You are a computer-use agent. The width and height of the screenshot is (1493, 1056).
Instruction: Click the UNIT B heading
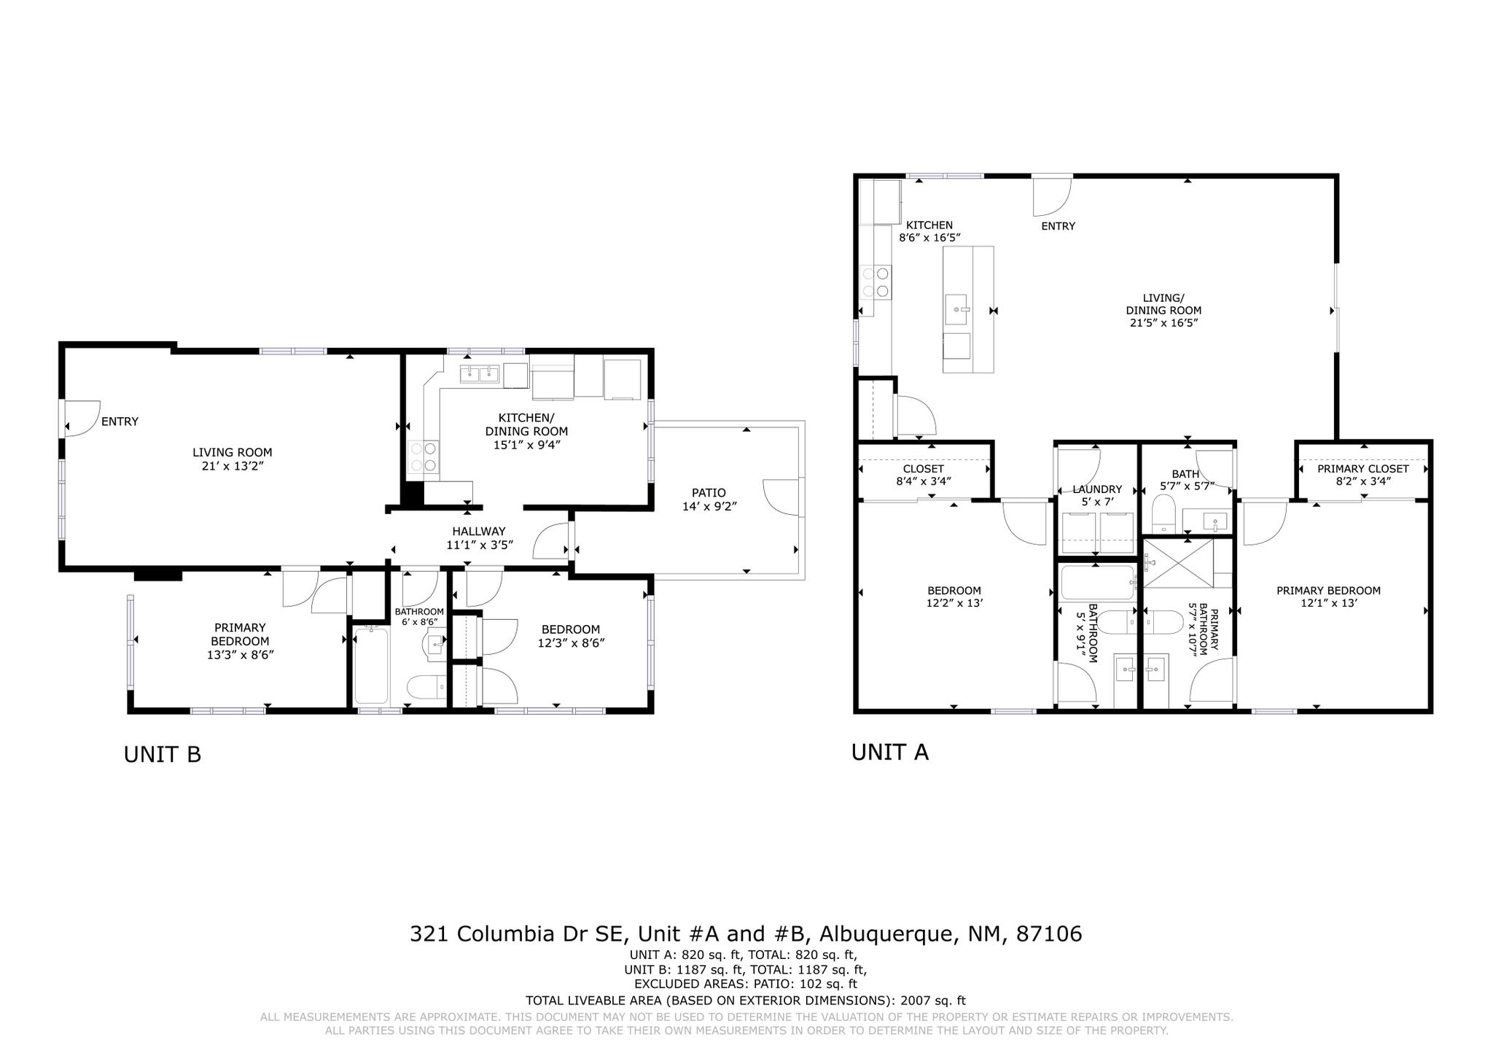(162, 754)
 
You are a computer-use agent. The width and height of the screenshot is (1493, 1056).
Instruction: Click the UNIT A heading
(889, 752)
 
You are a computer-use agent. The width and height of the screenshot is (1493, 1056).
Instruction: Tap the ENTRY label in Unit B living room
(120, 422)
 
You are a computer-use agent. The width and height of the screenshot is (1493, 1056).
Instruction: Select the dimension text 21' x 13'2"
(233, 465)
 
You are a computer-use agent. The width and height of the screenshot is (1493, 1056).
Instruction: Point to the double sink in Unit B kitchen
(479, 374)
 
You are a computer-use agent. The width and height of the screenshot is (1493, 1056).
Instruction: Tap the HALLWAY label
(478, 532)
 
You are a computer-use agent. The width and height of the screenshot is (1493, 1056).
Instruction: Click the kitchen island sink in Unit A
(956, 310)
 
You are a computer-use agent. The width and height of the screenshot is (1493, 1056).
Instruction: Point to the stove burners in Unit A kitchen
(876, 282)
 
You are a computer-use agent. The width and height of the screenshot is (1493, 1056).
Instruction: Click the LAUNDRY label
(1097, 489)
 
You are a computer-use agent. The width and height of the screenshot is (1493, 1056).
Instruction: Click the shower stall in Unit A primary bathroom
(1178, 564)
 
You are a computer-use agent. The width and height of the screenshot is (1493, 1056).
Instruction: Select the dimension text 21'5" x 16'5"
(1163, 322)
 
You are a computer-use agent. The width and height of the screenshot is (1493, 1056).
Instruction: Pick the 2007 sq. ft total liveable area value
(932, 1001)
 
